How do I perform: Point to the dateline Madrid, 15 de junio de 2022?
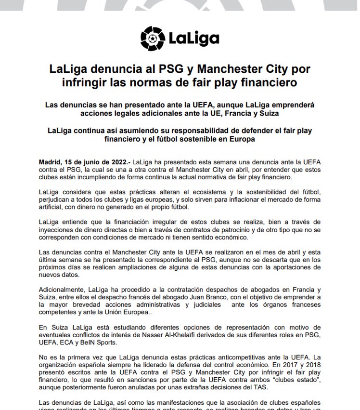[x=83, y=163]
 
